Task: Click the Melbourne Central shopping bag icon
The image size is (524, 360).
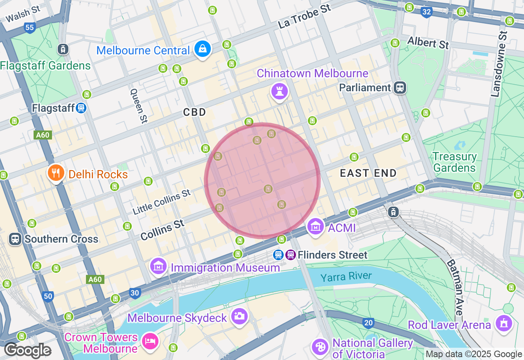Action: [x=202, y=49]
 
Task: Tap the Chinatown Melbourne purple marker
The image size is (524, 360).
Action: [x=280, y=91]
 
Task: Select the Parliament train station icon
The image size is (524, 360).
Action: [x=400, y=87]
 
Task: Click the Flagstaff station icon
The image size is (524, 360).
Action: [x=81, y=108]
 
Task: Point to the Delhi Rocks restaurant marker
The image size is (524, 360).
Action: [x=56, y=173]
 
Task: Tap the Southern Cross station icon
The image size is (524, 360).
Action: [x=15, y=239]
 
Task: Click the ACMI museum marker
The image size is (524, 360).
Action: [x=315, y=226]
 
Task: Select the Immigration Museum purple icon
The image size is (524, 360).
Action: [x=158, y=266]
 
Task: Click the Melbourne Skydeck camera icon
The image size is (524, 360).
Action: [x=239, y=316]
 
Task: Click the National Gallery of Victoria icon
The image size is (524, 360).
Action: [x=319, y=347]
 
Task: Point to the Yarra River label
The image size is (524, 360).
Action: [x=346, y=277]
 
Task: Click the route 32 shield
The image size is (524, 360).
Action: [x=426, y=12]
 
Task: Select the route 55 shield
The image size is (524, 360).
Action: [x=29, y=28]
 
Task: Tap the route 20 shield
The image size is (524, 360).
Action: [x=368, y=323]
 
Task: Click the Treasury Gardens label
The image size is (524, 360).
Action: [x=454, y=162]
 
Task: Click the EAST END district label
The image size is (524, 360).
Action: [x=368, y=173]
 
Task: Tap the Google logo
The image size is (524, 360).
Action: [x=27, y=351]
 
